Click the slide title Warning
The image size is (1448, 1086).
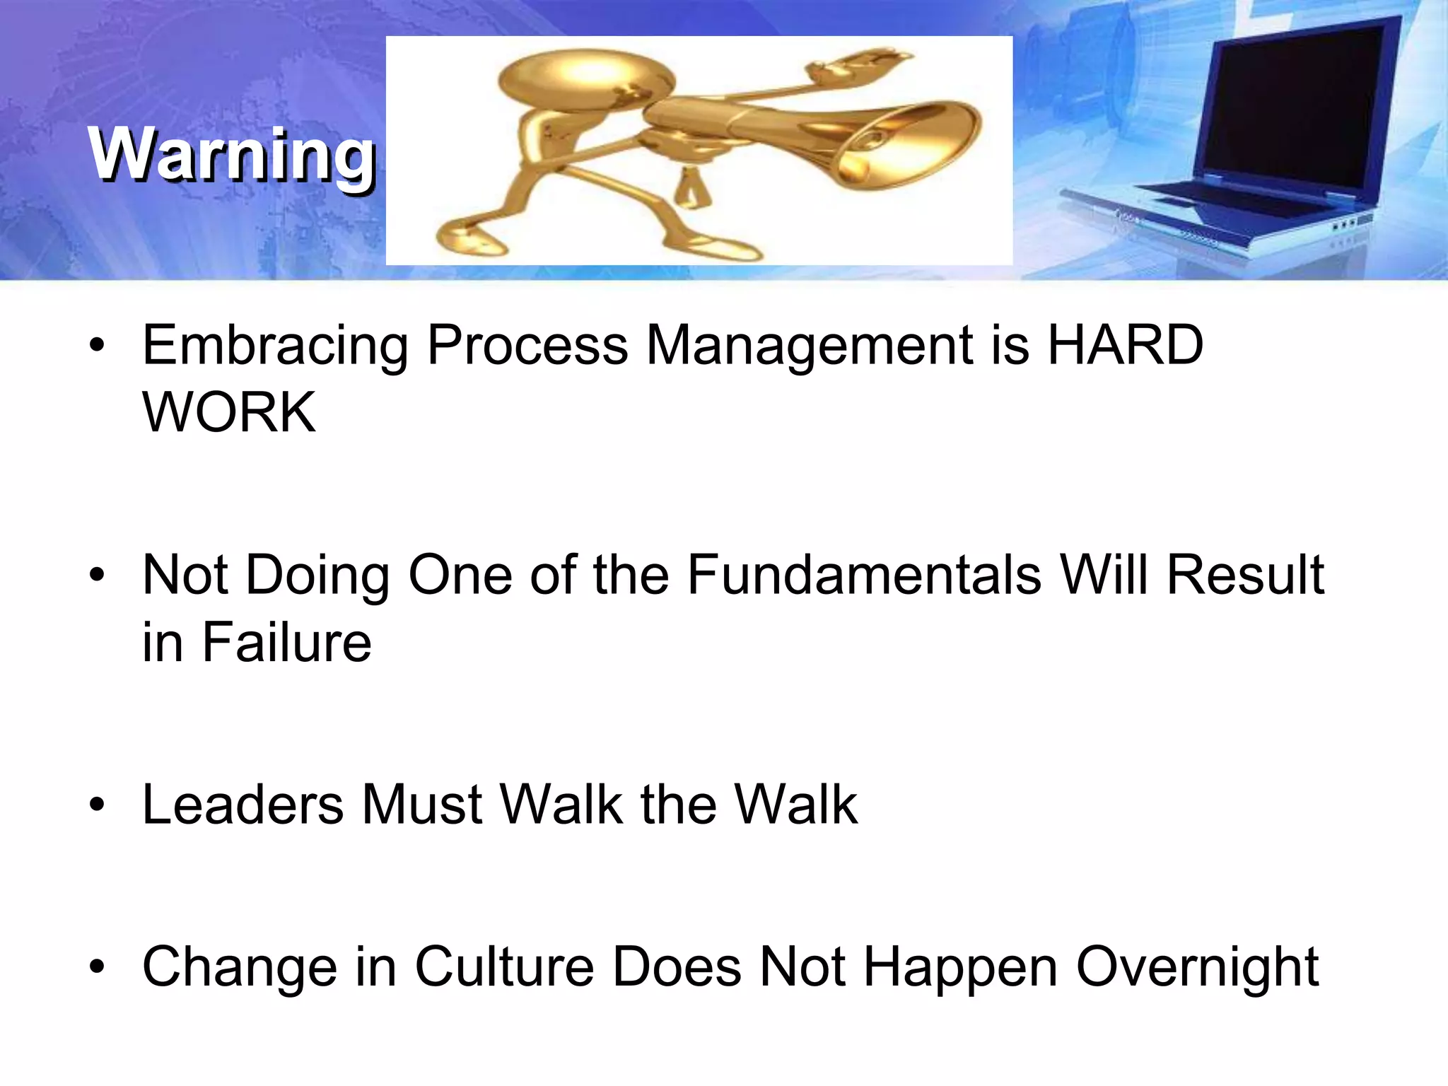tap(231, 154)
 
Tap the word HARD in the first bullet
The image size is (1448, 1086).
tap(1125, 345)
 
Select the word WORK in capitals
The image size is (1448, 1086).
tap(229, 412)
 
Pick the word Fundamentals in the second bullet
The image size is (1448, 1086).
tap(864, 574)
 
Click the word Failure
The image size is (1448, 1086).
tap(286, 642)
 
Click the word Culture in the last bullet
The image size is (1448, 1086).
tap(504, 967)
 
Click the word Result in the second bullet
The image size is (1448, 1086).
tap(1245, 574)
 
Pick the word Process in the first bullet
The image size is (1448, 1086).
tap(527, 345)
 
